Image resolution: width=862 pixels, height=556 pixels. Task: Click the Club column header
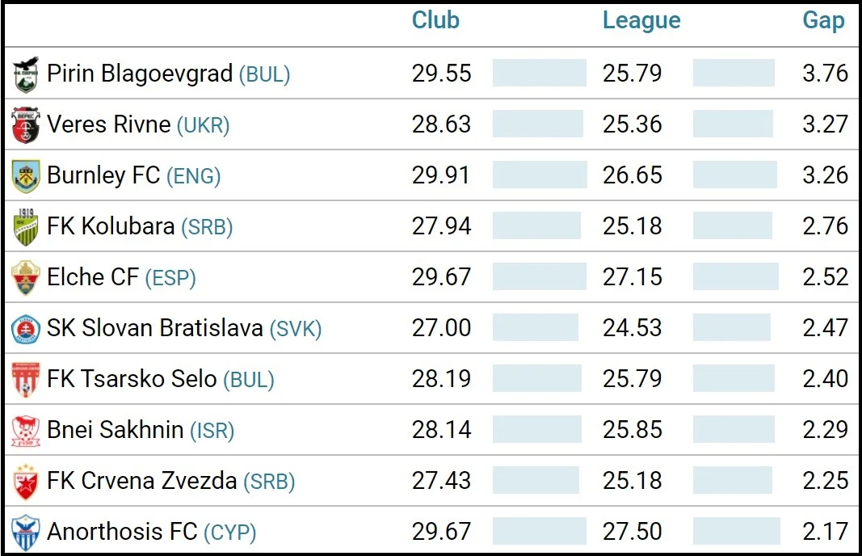tap(435, 21)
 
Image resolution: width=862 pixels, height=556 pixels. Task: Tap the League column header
tap(641, 21)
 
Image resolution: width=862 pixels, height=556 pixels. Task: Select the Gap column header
tap(823, 21)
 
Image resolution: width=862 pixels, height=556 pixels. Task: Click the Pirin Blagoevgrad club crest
tap(26, 74)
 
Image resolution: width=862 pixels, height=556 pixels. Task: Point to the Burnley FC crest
tap(26, 176)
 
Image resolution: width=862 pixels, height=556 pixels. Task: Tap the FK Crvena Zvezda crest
tap(26, 482)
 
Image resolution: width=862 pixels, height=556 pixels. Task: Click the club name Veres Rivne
tap(108, 124)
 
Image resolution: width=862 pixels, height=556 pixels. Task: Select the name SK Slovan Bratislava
tap(154, 328)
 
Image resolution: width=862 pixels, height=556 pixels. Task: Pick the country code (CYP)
tap(229, 533)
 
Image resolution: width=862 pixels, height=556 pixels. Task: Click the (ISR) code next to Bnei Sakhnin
tap(212, 431)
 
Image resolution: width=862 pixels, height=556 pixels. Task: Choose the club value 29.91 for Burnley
tap(441, 175)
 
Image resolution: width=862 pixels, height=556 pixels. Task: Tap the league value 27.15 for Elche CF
tap(632, 277)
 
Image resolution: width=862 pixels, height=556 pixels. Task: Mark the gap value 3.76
tap(825, 74)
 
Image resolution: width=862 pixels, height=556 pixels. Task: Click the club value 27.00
tap(441, 328)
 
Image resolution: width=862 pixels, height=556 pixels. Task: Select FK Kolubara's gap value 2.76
tap(825, 226)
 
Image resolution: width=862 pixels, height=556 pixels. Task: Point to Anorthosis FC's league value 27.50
tap(632, 532)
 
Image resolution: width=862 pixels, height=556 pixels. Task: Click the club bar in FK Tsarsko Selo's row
tap(536, 379)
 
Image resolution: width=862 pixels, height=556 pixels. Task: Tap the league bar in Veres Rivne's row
tap(732, 124)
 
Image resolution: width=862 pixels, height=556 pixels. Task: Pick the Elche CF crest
tap(26, 278)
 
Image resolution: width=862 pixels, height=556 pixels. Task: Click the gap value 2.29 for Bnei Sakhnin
tap(825, 430)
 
